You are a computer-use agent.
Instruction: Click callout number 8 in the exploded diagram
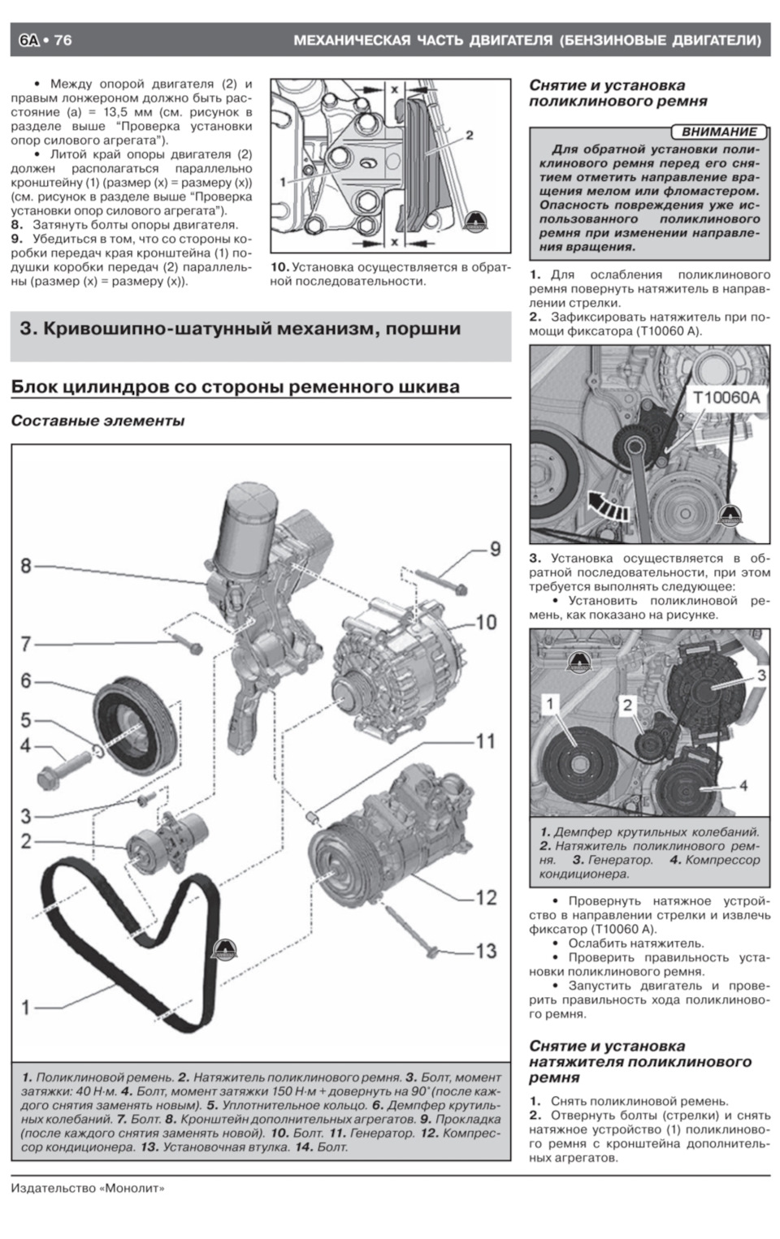[26, 565]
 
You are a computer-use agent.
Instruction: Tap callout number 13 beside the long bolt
[485, 950]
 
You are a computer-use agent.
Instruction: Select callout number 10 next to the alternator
[485, 622]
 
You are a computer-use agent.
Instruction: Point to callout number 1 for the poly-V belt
[26, 1007]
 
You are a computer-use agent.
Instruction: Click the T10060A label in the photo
[726, 398]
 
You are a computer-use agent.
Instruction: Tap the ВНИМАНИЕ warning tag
[718, 132]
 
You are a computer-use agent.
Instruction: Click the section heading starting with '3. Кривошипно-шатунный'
[240, 329]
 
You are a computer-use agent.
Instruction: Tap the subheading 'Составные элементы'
[97, 421]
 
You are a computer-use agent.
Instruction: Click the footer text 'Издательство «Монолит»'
[88, 1188]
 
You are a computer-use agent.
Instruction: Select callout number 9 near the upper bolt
[494, 550]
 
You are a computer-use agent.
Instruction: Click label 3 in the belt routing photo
[760, 675]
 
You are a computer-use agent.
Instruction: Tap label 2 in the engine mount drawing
[469, 135]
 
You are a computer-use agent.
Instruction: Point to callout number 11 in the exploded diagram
[485, 740]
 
